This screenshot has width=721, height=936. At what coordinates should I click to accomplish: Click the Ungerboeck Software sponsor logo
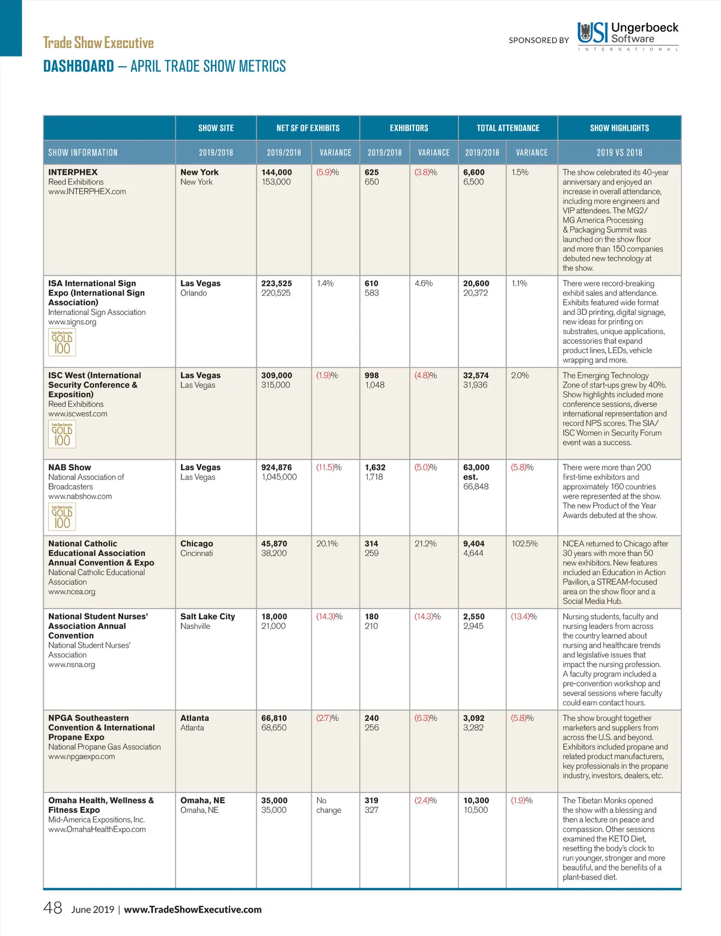coord(627,35)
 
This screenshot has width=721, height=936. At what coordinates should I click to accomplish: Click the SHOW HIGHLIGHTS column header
coord(619,128)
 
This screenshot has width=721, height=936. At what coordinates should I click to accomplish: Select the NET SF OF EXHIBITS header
coord(308,128)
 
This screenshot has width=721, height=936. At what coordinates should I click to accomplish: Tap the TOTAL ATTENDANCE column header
coord(508,128)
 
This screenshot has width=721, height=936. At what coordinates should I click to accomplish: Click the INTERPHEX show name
coord(73,172)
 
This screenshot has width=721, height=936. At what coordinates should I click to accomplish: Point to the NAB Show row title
coord(70,467)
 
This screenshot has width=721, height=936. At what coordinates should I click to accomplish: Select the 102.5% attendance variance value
coord(524,544)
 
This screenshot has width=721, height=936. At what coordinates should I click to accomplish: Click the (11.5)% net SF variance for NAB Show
coord(329,467)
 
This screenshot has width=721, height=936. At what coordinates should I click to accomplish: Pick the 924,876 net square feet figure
coord(276,467)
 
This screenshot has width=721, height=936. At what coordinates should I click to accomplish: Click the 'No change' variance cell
coord(328,805)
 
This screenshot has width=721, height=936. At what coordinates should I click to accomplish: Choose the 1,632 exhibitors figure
coord(375,467)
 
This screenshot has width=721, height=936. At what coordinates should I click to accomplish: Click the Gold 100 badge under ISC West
coord(62,434)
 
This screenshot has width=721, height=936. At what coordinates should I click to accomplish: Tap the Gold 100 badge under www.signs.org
coord(62,342)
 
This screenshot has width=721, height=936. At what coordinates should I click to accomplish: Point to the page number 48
coord(53,908)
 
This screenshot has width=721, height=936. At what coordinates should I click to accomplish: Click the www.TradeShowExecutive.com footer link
coord(192,910)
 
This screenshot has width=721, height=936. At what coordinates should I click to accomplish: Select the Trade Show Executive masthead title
coord(99,43)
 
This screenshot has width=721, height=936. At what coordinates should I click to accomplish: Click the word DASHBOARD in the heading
coord(79,66)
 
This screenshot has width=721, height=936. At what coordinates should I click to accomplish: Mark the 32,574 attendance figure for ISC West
coord(476,375)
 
